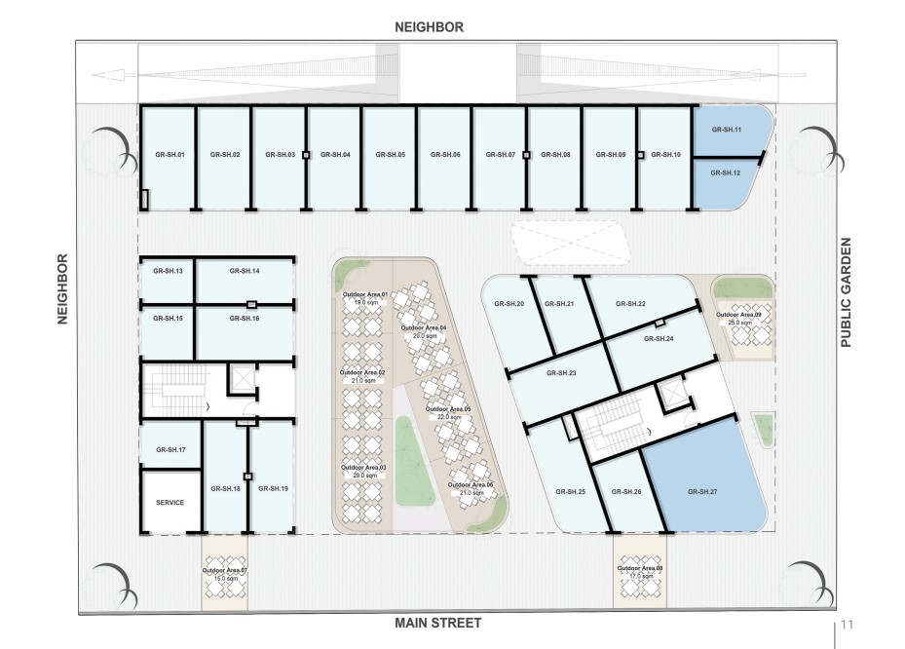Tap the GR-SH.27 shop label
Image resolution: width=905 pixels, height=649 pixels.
point(700,491)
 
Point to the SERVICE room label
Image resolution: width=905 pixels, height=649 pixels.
point(170,503)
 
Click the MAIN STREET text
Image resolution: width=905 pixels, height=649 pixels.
point(437,623)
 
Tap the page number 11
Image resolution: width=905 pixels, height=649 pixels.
point(847,625)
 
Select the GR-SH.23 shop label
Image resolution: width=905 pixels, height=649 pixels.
point(560,373)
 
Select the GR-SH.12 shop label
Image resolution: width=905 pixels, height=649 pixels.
point(726,172)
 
